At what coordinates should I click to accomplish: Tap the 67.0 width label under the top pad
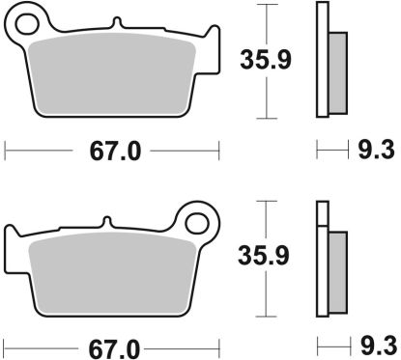[x=112, y=152]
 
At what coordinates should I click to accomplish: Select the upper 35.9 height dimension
[x=267, y=61]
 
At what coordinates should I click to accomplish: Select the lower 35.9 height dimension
[x=267, y=255]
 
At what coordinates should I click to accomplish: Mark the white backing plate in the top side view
[x=322, y=58]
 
